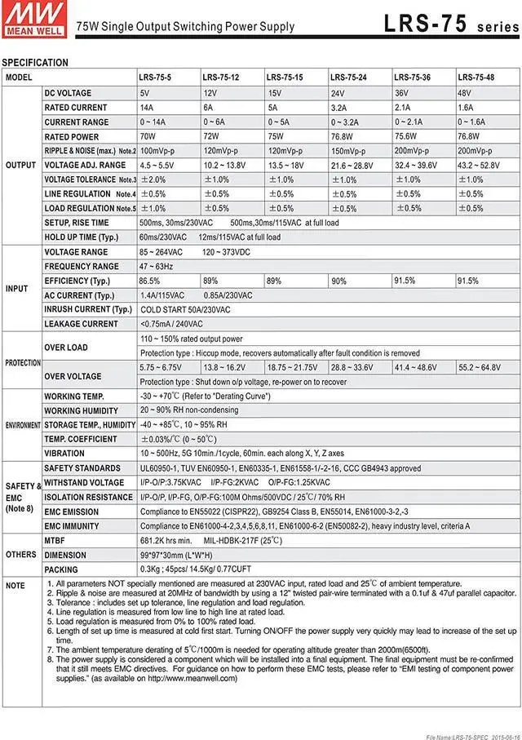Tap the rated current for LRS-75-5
tap(147, 108)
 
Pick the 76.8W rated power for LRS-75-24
tap(343, 136)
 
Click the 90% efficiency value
tap(338, 281)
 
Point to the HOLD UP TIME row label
tap(82, 237)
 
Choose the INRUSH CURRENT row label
tap(87, 309)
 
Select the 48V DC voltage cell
tap(466, 93)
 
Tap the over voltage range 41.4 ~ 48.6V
tap(419, 368)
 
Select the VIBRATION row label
tap(64, 453)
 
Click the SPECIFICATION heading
tap(35, 63)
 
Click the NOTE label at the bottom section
tap(15, 586)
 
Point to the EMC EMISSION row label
tap(72, 512)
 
